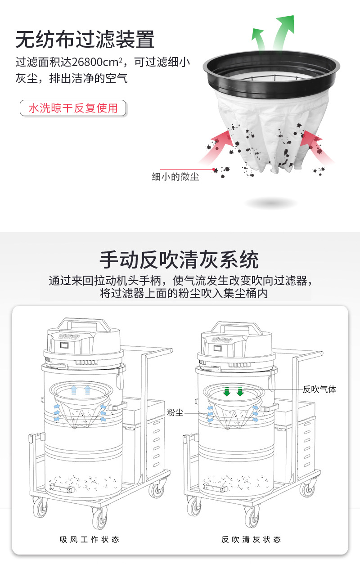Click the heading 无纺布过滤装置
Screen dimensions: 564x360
click(x=85, y=40)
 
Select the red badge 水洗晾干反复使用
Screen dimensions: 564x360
click(x=73, y=108)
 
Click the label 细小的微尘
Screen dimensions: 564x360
click(x=175, y=177)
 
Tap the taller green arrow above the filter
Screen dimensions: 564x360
click(x=283, y=31)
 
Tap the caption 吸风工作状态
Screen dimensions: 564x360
click(x=90, y=539)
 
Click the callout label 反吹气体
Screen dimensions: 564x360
click(x=319, y=389)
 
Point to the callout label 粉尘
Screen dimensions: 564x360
click(x=175, y=412)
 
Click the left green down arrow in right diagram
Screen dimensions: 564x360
click(x=227, y=392)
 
